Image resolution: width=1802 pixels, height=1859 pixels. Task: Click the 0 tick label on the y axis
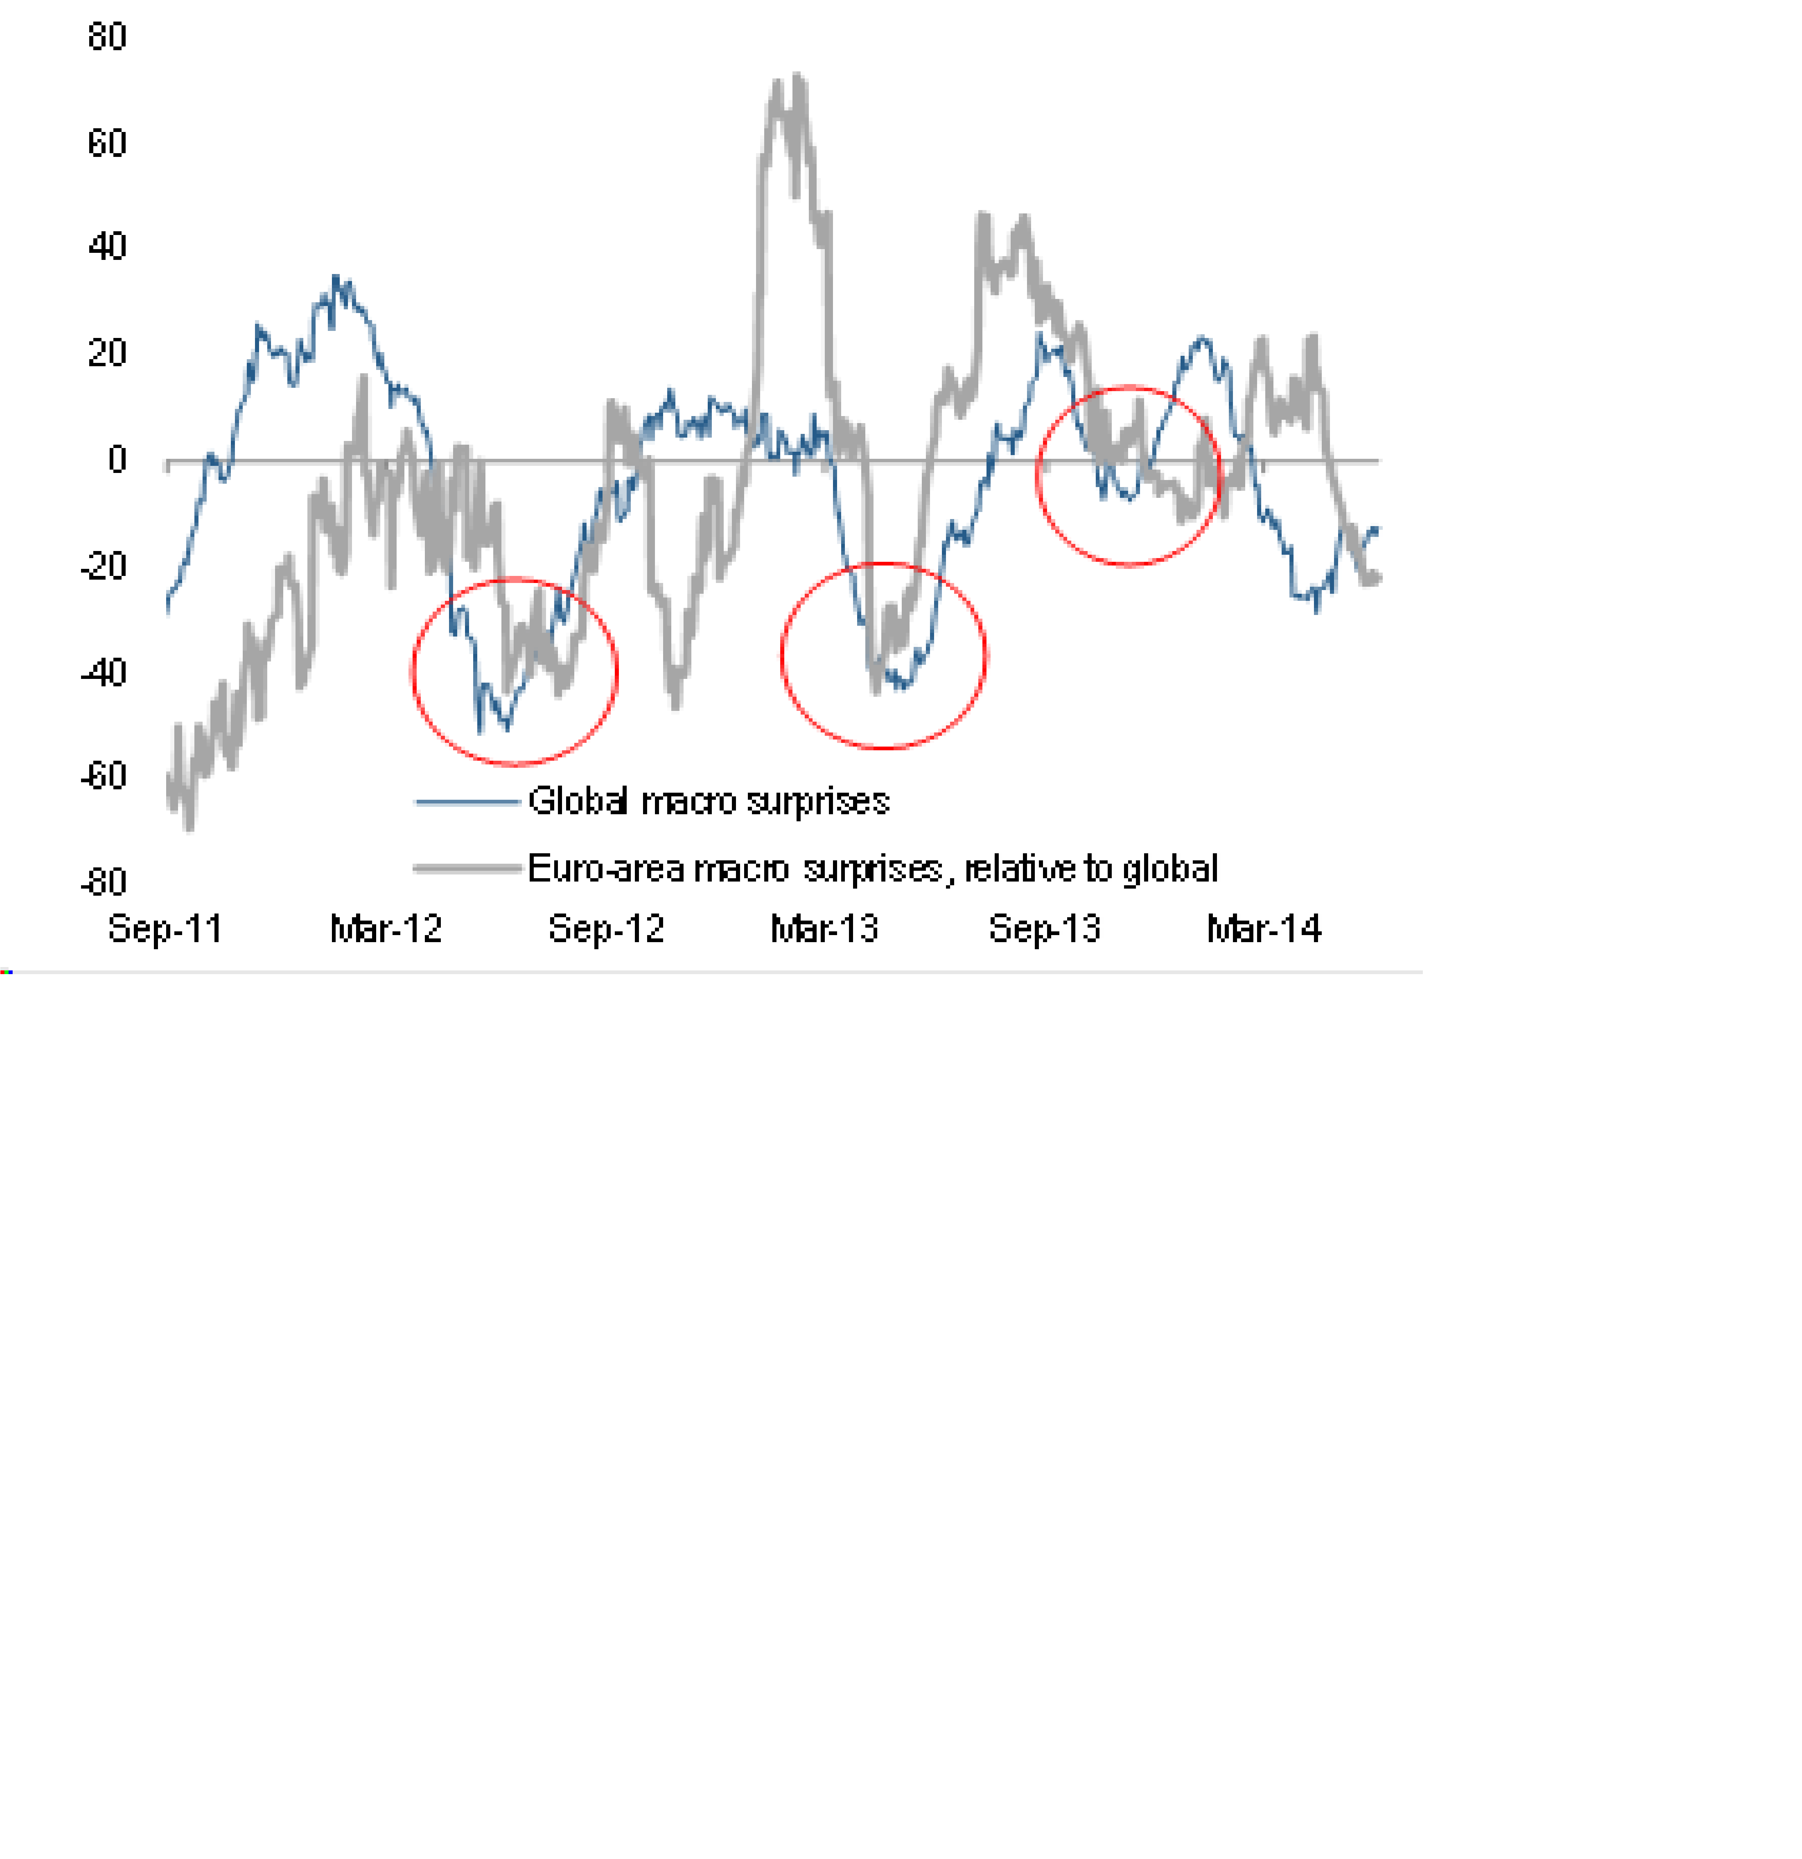[x=117, y=460]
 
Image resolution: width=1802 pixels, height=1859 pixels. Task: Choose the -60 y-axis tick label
[x=103, y=777]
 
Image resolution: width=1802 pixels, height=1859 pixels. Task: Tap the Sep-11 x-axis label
[x=165, y=928]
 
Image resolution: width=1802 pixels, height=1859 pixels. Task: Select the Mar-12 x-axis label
[x=385, y=928]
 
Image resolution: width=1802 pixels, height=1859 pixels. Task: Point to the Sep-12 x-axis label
[x=606, y=928]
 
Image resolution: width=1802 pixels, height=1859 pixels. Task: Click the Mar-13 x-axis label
[x=824, y=928]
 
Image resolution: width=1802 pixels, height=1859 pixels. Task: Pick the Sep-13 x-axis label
[x=1044, y=928]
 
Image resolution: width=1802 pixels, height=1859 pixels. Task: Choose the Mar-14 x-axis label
[x=1263, y=928]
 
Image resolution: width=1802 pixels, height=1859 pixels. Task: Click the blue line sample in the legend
[x=468, y=802]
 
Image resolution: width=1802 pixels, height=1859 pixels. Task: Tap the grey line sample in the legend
[x=468, y=868]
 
